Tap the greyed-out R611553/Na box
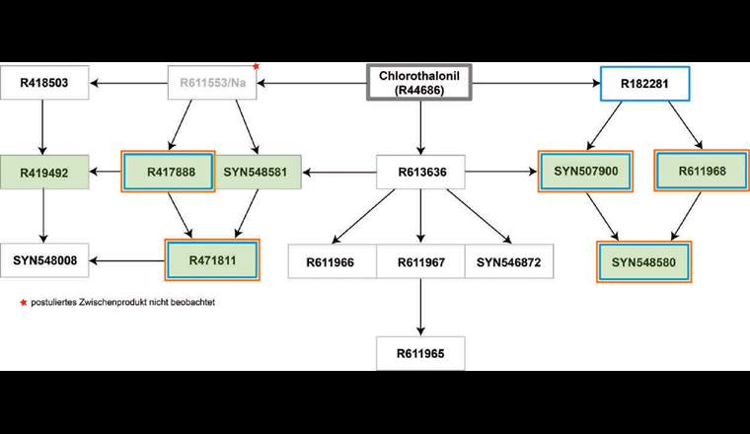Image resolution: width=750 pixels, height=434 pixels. [x=212, y=84]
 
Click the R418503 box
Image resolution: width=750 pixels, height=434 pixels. [x=45, y=84]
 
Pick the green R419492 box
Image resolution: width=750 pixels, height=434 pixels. [x=45, y=172]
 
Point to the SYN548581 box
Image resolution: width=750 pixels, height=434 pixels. [x=256, y=172]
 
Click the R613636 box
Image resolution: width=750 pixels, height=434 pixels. [x=421, y=172]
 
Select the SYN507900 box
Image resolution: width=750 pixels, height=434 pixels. [x=586, y=172]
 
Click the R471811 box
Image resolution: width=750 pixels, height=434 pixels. [x=211, y=261]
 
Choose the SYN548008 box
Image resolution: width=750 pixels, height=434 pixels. [x=45, y=261]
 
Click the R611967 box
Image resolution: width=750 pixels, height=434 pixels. [x=421, y=262]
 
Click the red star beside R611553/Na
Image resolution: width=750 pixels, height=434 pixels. [x=257, y=67]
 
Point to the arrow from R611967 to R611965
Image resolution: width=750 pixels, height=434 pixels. [x=421, y=306]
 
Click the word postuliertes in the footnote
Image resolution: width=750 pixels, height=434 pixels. [x=55, y=303]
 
